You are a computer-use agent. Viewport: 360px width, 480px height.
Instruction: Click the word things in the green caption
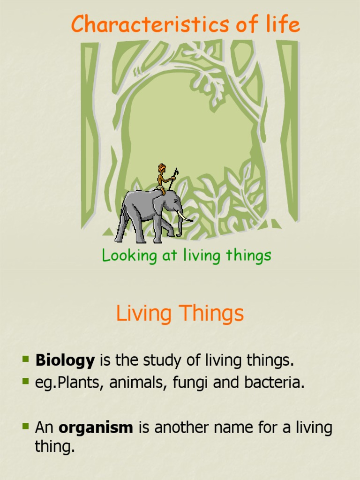tap(248, 256)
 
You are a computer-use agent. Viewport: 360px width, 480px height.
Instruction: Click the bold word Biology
tap(65, 360)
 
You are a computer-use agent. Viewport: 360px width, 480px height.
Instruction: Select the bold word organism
tap(96, 427)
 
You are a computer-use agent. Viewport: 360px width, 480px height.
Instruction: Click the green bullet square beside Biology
tap(25, 360)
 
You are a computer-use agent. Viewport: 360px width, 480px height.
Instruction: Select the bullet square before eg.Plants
tap(25, 381)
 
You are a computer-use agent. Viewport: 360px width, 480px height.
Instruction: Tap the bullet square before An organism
tap(25, 427)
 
